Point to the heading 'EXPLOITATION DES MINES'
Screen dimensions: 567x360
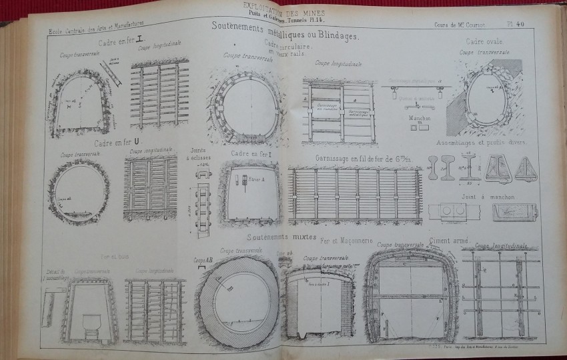[x=281, y=5]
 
